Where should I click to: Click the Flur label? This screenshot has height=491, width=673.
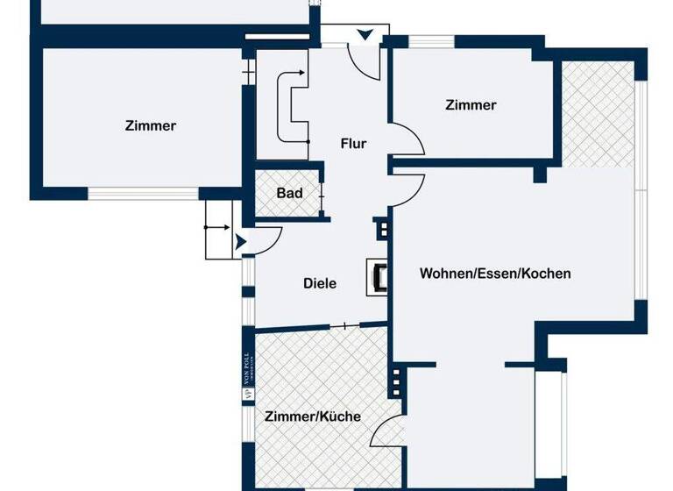click(x=353, y=144)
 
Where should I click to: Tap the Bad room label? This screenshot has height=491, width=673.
click(x=289, y=193)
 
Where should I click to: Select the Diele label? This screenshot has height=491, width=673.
click(x=320, y=283)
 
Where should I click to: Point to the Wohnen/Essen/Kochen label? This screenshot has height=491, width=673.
click(x=495, y=274)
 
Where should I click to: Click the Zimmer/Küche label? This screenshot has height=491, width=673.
click(x=313, y=417)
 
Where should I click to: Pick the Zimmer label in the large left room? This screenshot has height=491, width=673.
click(x=150, y=126)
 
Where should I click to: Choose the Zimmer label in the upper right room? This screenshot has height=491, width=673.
click(x=471, y=105)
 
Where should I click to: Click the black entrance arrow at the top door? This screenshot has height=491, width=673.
click(x=365, y=35)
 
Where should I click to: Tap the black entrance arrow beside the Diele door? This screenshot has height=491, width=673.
click(x=241, y=239)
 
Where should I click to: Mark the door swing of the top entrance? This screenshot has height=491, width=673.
click(x=361, y=61)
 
